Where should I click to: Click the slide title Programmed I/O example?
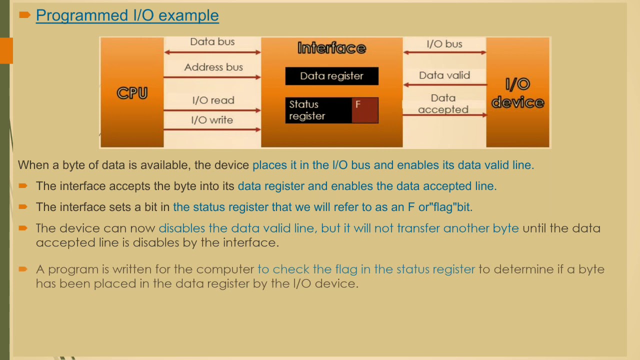click(127, 15)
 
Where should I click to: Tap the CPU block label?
click(132, 93)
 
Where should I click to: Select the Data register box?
click(331, 76)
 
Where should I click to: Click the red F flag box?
click(364, 110)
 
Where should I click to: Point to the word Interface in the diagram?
click(331, 48)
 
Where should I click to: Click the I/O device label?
click(517, 93)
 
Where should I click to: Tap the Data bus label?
click(212, 42)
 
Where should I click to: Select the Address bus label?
click(213, 67)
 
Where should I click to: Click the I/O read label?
click(213, 100)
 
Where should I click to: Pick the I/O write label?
click(212, 120)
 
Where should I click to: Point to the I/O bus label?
click(444, 44)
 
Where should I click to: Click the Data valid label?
click(444, 75)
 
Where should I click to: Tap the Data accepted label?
click(443, 104)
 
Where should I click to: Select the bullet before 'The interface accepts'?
click(23, 186)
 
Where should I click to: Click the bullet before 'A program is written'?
click(23, 269)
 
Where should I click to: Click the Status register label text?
click(306, 110)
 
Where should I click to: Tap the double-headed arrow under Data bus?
click(212, 52)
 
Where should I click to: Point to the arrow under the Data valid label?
click(444, 85)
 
